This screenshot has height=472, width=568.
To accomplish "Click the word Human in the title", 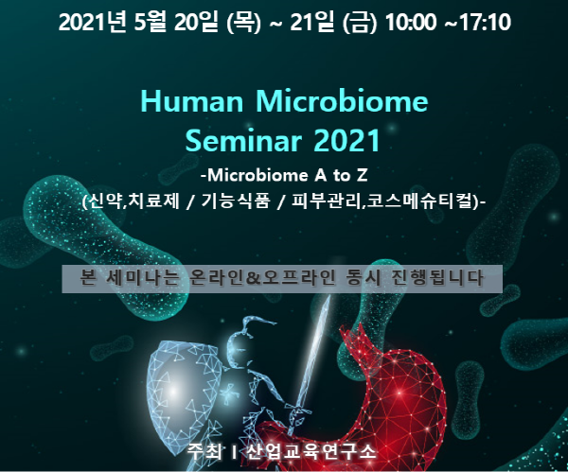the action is point(191,101).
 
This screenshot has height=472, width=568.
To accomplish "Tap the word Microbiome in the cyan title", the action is point(342,101).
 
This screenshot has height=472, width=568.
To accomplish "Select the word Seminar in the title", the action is point(243,140).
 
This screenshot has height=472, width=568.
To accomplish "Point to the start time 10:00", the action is point(411,23).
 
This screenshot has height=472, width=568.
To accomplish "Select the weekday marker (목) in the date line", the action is point(243,23).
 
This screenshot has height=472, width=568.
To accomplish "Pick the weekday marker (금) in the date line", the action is point(360,23).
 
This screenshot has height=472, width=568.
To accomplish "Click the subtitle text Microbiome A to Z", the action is point(287,176).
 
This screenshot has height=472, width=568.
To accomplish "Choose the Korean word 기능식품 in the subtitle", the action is point(236,201).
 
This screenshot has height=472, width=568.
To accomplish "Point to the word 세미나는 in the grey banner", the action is point(144,278).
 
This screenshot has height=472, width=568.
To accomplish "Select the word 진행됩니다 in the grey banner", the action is point(437,278).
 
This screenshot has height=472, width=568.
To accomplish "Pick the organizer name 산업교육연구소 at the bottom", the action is point(311,452).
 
